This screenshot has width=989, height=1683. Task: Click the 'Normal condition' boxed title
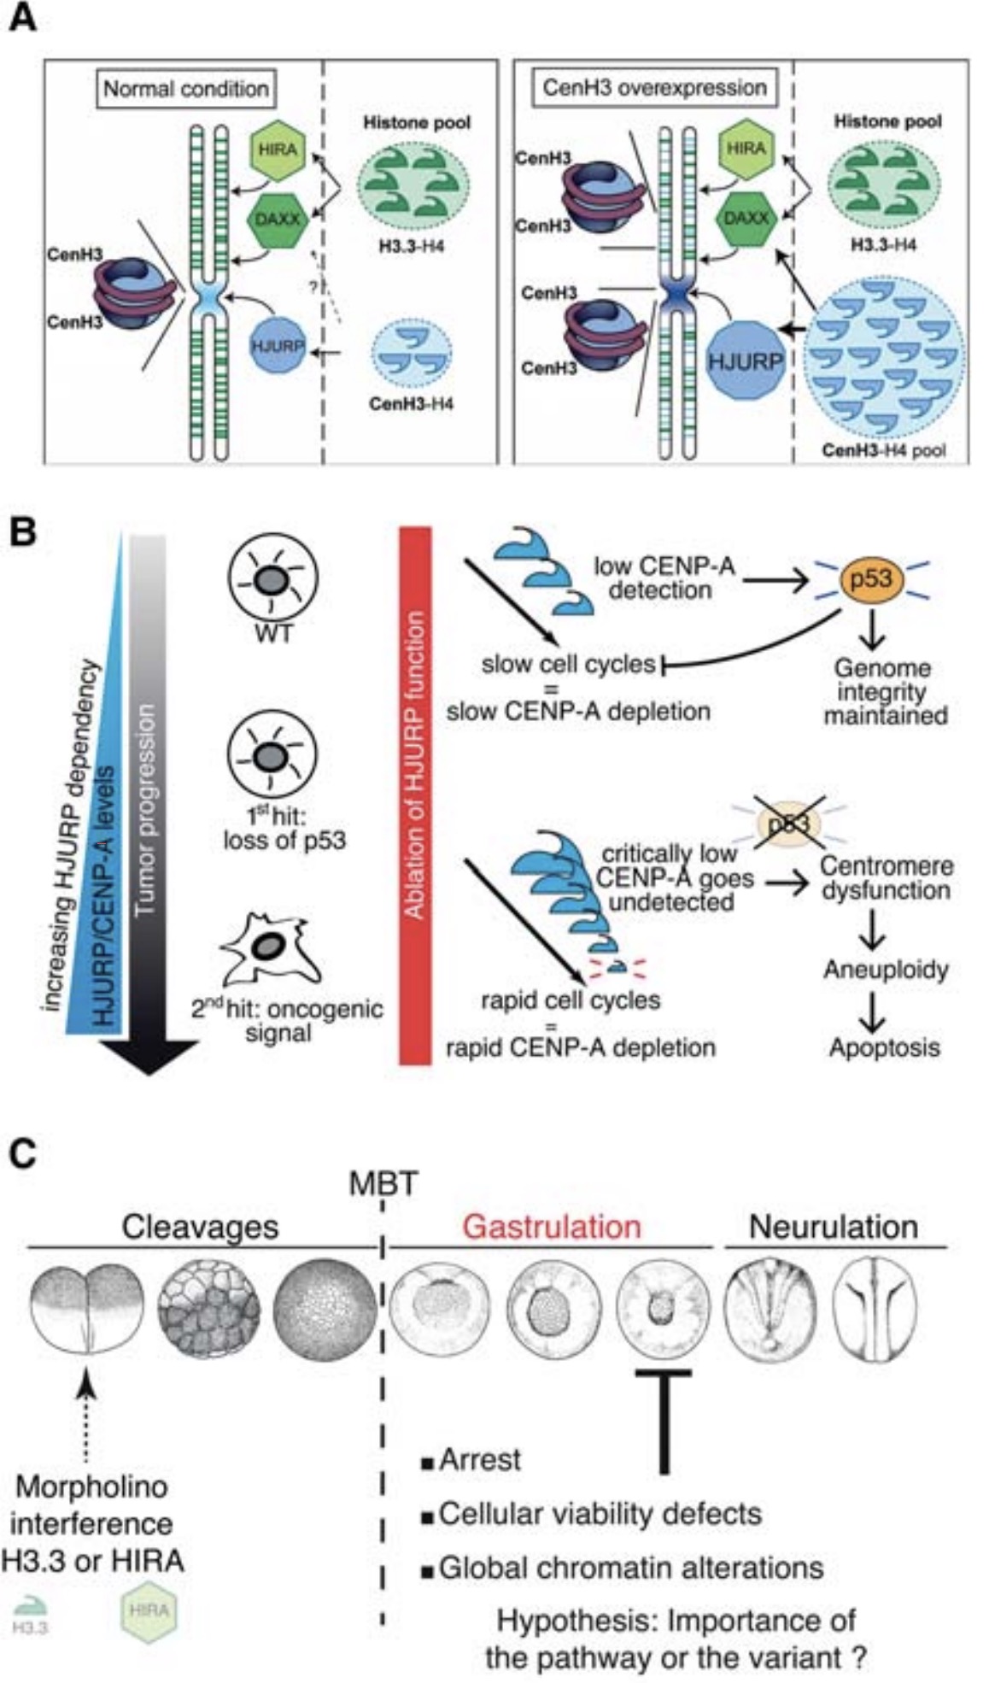click(185, 88)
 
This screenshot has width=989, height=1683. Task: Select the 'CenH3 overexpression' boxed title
click(654, 87)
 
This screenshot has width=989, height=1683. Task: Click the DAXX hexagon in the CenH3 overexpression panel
click(746, 217)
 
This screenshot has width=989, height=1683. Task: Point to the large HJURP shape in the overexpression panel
click(745, 361)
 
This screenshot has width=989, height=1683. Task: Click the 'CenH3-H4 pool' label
click(883, 449)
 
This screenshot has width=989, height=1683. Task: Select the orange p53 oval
click(870, 578)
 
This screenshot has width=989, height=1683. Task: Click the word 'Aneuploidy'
click(886, 970)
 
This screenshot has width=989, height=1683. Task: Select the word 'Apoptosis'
click(884, 1047)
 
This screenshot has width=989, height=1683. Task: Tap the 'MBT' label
click(383, 1184)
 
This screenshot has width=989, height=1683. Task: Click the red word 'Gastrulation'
click(551, 1227)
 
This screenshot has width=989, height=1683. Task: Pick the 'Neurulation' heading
click(833, 1227)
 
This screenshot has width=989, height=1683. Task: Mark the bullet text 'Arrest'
click(479, 1460)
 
